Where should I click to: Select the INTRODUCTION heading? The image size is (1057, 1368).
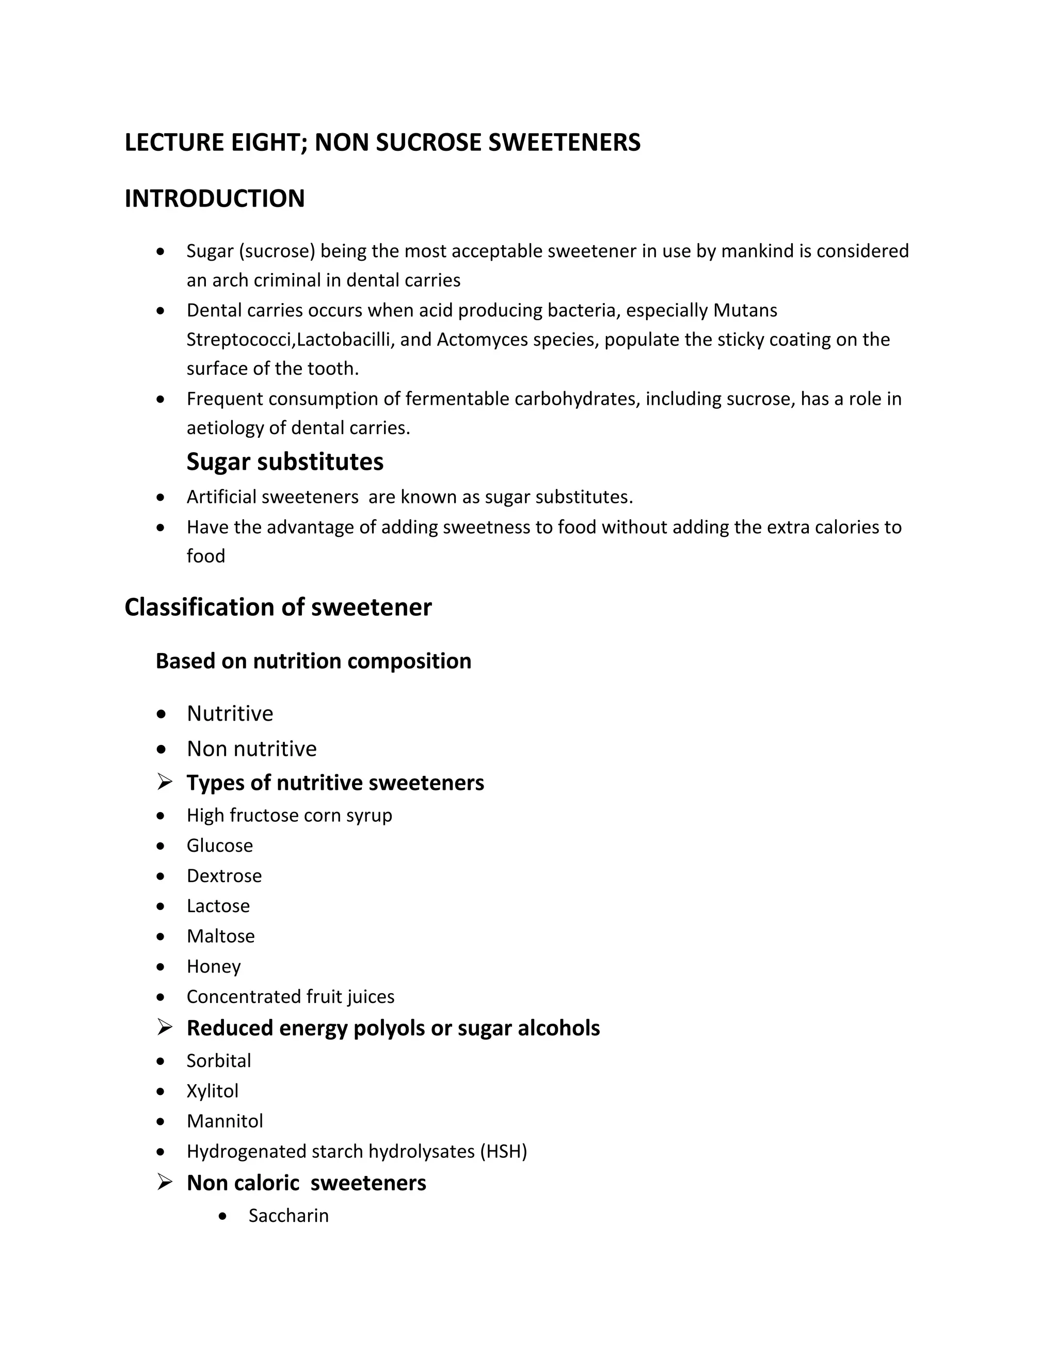click(215, 199)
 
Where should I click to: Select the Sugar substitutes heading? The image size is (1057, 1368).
click(285, 462)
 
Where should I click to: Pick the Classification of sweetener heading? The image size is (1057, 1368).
click(278, 607)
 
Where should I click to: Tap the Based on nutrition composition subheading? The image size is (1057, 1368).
click(313, 661)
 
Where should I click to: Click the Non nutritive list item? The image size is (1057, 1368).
click(252, 749)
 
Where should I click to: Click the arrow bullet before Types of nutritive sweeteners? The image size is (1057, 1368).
click(165, 782)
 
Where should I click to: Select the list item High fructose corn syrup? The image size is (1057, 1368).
click(290, 815)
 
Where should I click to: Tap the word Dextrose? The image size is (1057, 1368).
click(224, 876)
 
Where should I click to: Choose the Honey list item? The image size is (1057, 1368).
click(214, 966)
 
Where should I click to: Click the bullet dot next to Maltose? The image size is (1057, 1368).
click(161, 936)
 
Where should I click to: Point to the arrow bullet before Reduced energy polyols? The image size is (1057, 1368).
click(165, 1027)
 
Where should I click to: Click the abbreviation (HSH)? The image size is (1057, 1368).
click(503, 1151)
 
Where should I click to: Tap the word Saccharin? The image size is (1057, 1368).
click(289, 1215)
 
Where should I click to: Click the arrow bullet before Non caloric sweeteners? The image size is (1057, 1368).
click(165, 1182)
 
